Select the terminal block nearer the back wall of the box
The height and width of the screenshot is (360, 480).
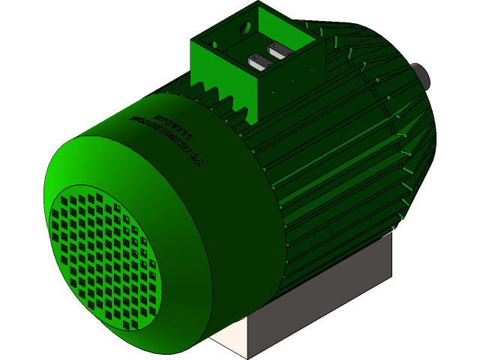(x=280, y=50)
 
